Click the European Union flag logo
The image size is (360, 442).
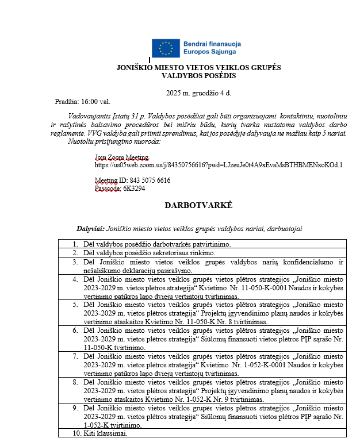pyautogui.click(x=166, y=48)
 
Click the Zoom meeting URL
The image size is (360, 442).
pyautogui.click(x=219, y=165)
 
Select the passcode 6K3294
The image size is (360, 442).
pyautogui.click(x=133, y=187)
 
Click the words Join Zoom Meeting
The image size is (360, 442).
pyautogui.click(x=122, y=157)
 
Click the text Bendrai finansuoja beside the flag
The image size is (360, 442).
pyautogui.click(x=212, y=44)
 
